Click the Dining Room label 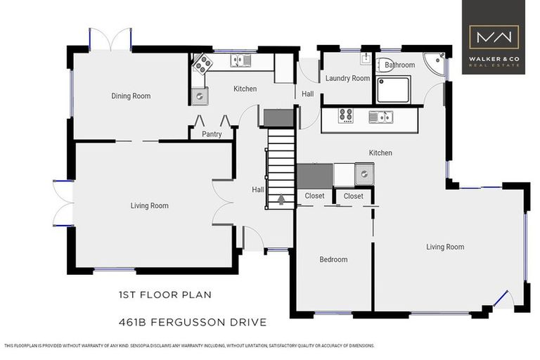click(131, 96)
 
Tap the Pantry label click(212, 134)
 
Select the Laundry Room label click(347, 79)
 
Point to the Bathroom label click(399, 65)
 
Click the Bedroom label click(333, 259)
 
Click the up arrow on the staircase click(281, 200)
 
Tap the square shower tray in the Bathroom click(393, 89)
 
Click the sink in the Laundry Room click(366, 59)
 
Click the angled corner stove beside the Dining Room click(202, 65)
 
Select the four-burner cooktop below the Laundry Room click(346, 116)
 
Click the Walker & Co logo click(494, 37)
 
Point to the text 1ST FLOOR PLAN click(165, 295)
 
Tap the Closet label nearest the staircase click(314, 196)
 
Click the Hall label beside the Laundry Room click(308, 94)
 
